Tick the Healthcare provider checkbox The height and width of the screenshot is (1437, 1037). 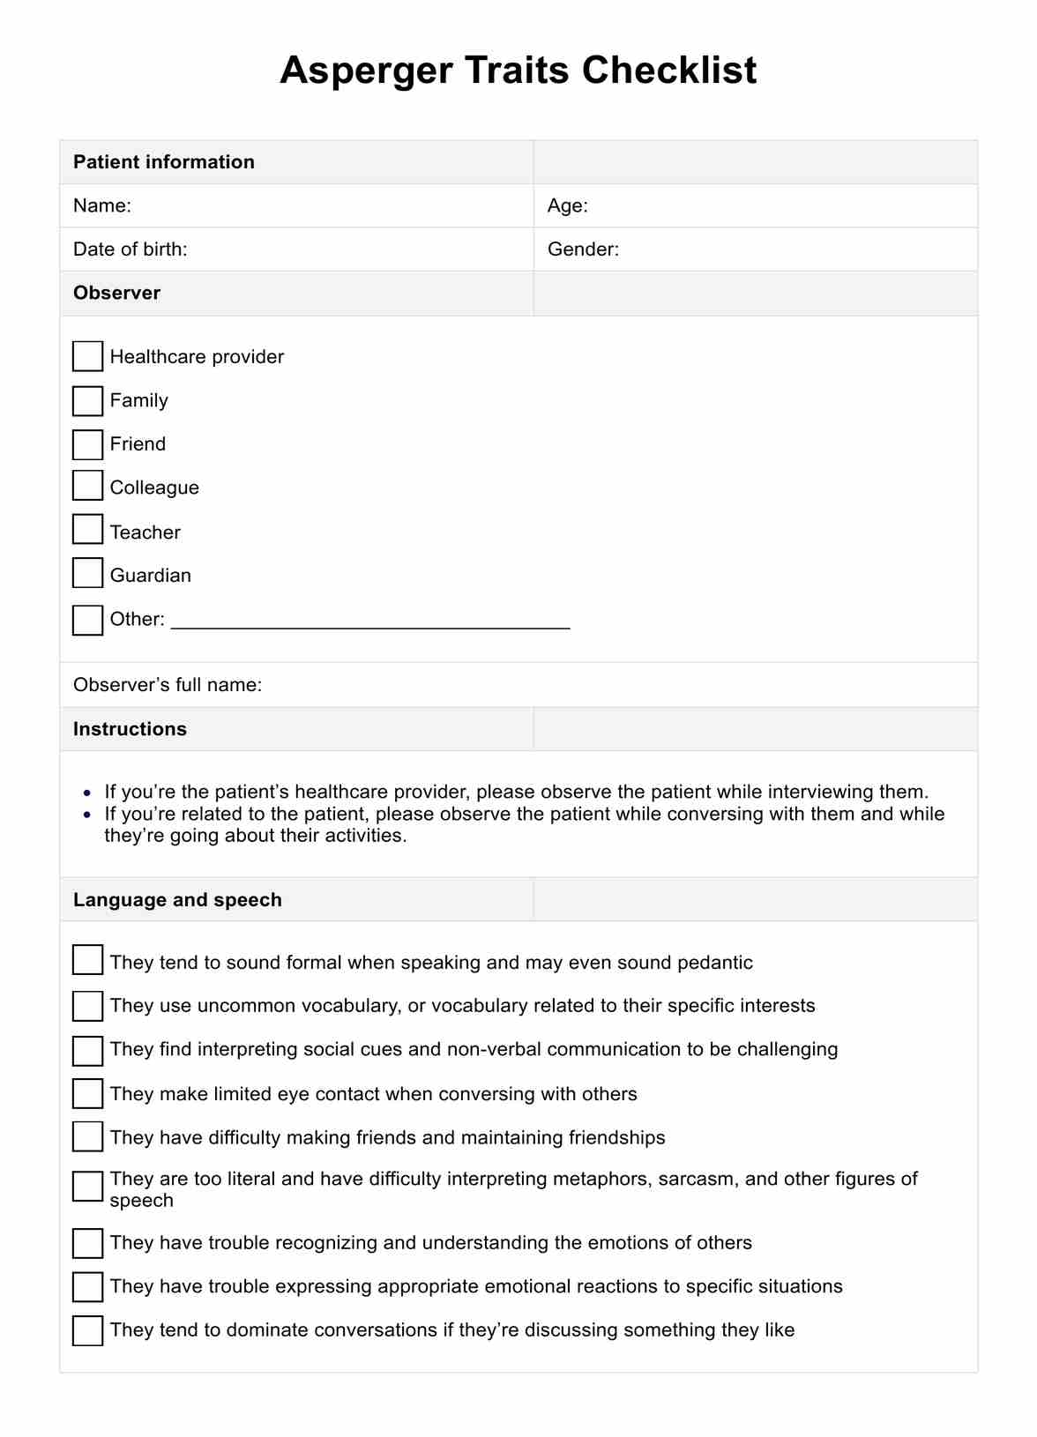point(87,357)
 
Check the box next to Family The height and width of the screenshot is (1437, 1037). point(87,401)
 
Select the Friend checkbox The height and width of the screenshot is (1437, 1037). point(87,444)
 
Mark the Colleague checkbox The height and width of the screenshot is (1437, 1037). point(87,486)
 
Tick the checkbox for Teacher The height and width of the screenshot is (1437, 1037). point(87,529)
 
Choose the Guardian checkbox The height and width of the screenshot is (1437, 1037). point(87,573)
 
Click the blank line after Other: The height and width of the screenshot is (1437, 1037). point(370,621)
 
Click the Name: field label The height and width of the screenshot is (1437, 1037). point(102,206)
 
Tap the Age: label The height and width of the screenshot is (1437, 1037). point(567,206)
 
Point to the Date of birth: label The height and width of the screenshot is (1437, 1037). point(131,249)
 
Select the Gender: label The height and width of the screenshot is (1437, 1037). point(583,249)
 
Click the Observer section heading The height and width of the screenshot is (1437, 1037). point(116,294)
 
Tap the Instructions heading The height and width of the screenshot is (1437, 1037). point(130,729)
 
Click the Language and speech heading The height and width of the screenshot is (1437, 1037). point(177,900)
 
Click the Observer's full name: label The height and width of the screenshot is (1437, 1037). point(168,685)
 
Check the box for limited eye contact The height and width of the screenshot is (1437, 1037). point(87,1094)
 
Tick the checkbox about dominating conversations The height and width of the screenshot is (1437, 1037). point(87,1330)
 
